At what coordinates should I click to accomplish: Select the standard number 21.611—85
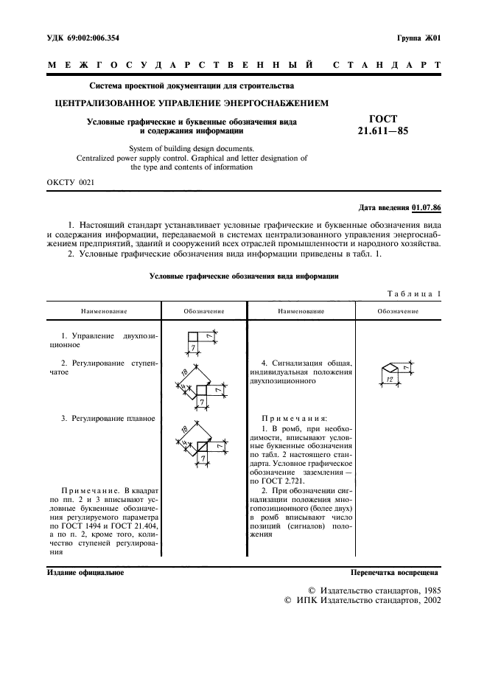tap(382, 131)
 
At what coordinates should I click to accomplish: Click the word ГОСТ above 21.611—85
tap(382, 119)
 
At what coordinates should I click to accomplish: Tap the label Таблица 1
tap(413, 293)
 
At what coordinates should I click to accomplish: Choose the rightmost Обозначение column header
tap(398, 311)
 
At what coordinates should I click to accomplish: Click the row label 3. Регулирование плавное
tap(108, 418)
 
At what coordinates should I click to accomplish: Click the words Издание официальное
tap(85, 571)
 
